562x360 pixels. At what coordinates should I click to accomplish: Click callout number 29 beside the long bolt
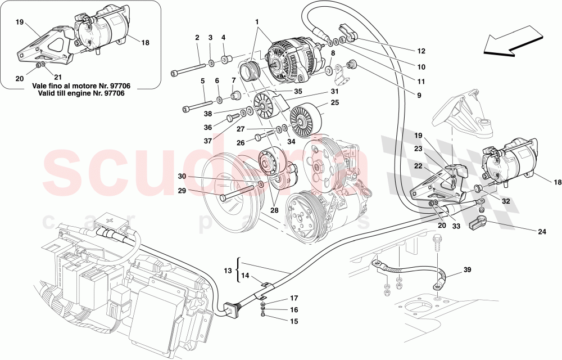(182, 191)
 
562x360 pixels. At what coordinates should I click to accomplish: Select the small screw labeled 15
(263, 314)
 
